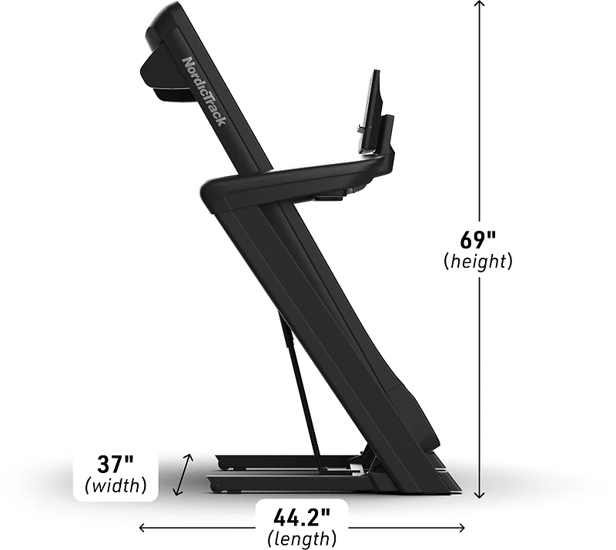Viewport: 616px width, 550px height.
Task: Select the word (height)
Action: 478,262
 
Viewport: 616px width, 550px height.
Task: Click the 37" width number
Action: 115,465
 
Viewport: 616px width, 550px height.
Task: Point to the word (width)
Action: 115,485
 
